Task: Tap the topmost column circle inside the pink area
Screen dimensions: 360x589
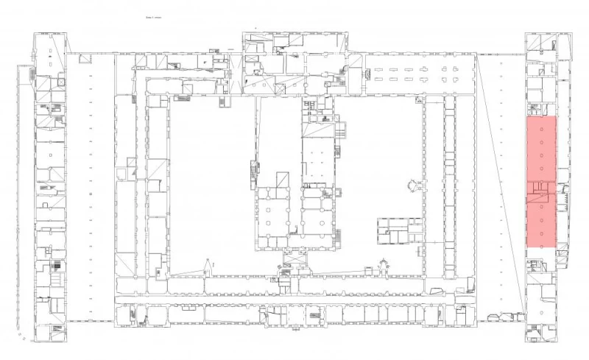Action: tap(543, 127)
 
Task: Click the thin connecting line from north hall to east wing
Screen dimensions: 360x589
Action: tap(501, 53)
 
